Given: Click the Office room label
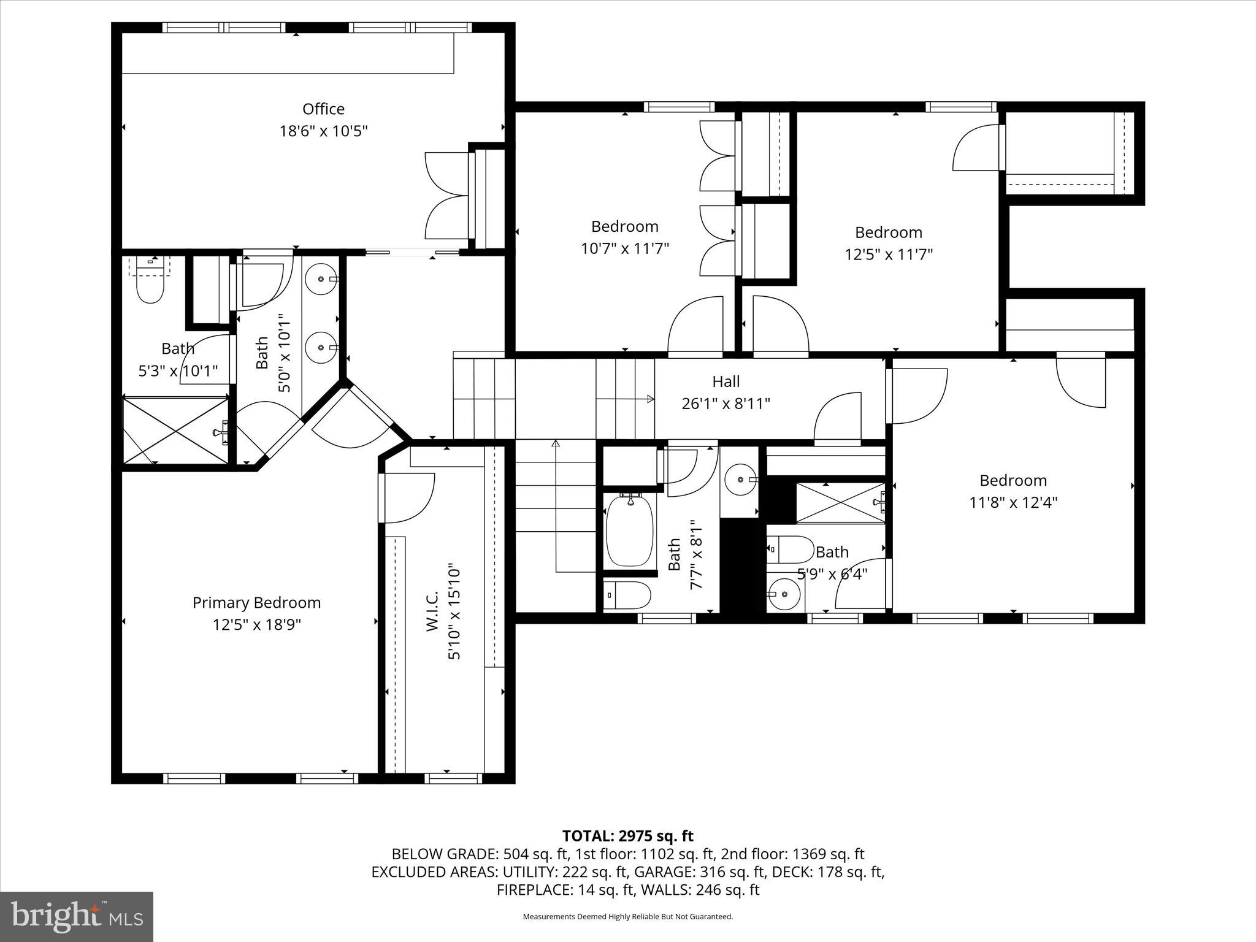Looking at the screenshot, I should pos(323,109).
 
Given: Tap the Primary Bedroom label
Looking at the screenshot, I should pos(256,603).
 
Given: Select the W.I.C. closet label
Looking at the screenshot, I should pos(432,611).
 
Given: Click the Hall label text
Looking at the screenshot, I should pos(726,381).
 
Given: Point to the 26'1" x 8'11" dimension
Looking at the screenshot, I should pos(726,404).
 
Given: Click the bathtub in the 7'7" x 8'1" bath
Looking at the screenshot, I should pos(629,530).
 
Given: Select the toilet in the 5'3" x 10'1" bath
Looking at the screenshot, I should pos(151,287).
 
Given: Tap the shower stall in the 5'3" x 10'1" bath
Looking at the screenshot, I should pos(176,431).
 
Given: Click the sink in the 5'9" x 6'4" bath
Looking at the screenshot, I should pos(783,594).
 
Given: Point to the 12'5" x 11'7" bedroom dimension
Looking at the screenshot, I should pos(889,255).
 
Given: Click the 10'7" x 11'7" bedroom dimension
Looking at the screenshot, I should pos(624,248).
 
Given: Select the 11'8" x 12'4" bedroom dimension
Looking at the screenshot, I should pos(1013,502).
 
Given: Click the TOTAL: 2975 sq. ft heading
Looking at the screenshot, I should pos(627,836).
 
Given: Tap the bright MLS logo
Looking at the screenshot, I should pos(77,916).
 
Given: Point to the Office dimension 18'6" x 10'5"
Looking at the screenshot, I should pos(323,131).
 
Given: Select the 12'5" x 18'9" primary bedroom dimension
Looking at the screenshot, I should pos(256,625).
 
